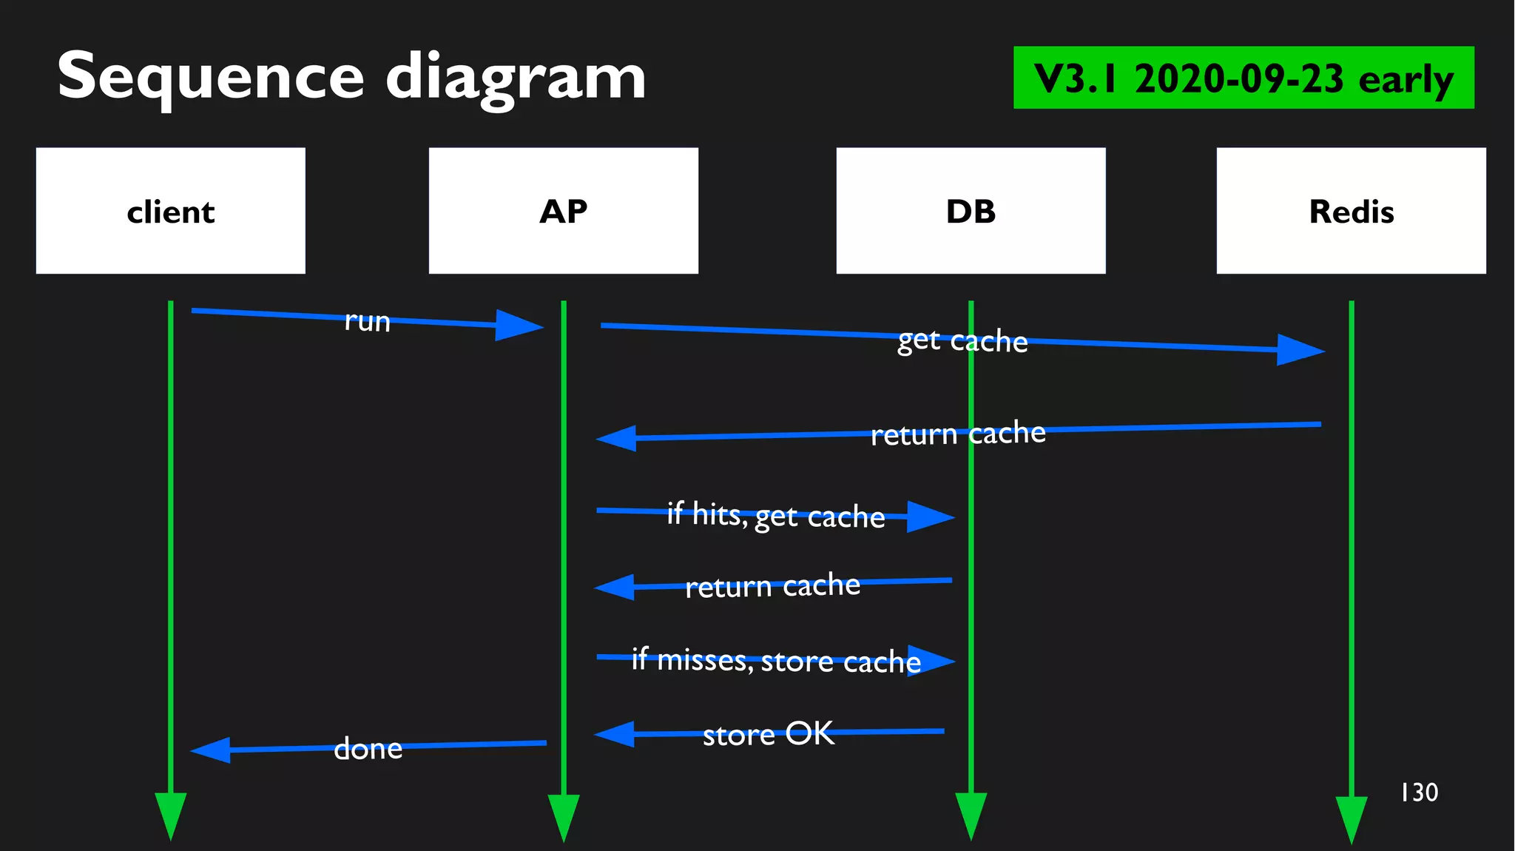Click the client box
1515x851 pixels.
pyautogui.click(x=170, y=211)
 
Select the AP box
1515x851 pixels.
pyautogui.click(x=563, y=211)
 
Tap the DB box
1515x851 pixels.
pyautogui.click(x=971, y=211)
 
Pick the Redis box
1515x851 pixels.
pyautogui.click(x=1351, y=211)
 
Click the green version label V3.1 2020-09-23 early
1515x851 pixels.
pyautogui.click(x=1243, y=78)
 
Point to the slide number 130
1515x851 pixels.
pyautogui.click(x=1419, y=793)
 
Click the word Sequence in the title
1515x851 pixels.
pyautogui.click(x=211, y=76)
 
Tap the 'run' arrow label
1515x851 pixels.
pyautogui.click(x=367, y=321)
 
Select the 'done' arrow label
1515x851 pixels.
pyautogui.click(x=368, y=748)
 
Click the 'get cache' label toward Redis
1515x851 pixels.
pyautogui.click(x=962, y=340)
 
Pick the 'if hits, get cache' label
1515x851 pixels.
pyautogui.click(x=775, y=515)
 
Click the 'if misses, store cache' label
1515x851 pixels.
pyautogui.click(x=775, y=660)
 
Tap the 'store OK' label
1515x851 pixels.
pyautogui.click(x=768, y=734)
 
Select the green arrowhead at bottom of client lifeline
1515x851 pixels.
pyautogui.click(x=170, y=814)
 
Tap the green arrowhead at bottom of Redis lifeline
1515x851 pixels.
pyautogui.click(x=1351, y=818)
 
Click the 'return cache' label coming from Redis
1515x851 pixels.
pyautogui.click(x=957, y=434)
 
